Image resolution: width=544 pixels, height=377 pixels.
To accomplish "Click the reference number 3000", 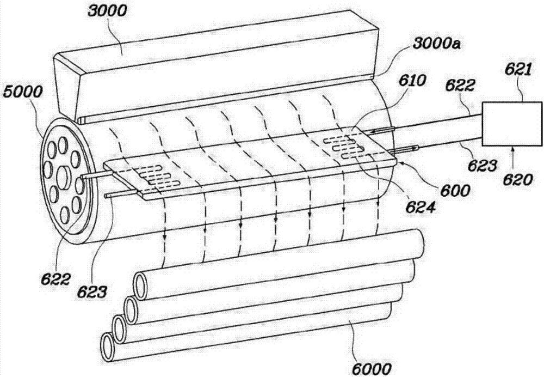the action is point(108,11).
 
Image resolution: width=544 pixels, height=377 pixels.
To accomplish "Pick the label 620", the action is point(518,180).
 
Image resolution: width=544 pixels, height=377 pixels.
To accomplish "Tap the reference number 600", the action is point(455,191).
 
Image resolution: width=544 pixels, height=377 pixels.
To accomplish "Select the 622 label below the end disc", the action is point(55,279).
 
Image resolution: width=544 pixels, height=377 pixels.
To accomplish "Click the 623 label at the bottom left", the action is point(92,292).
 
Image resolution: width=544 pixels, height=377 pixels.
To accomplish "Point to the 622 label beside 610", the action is point(460,86).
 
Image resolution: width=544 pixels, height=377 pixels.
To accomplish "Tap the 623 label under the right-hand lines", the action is point(483,166).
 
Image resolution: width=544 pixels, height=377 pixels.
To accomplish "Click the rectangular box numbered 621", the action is point(512,123).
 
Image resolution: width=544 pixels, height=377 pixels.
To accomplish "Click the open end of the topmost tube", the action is point(141,286).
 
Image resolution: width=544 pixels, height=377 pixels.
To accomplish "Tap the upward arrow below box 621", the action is point(512,159).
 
